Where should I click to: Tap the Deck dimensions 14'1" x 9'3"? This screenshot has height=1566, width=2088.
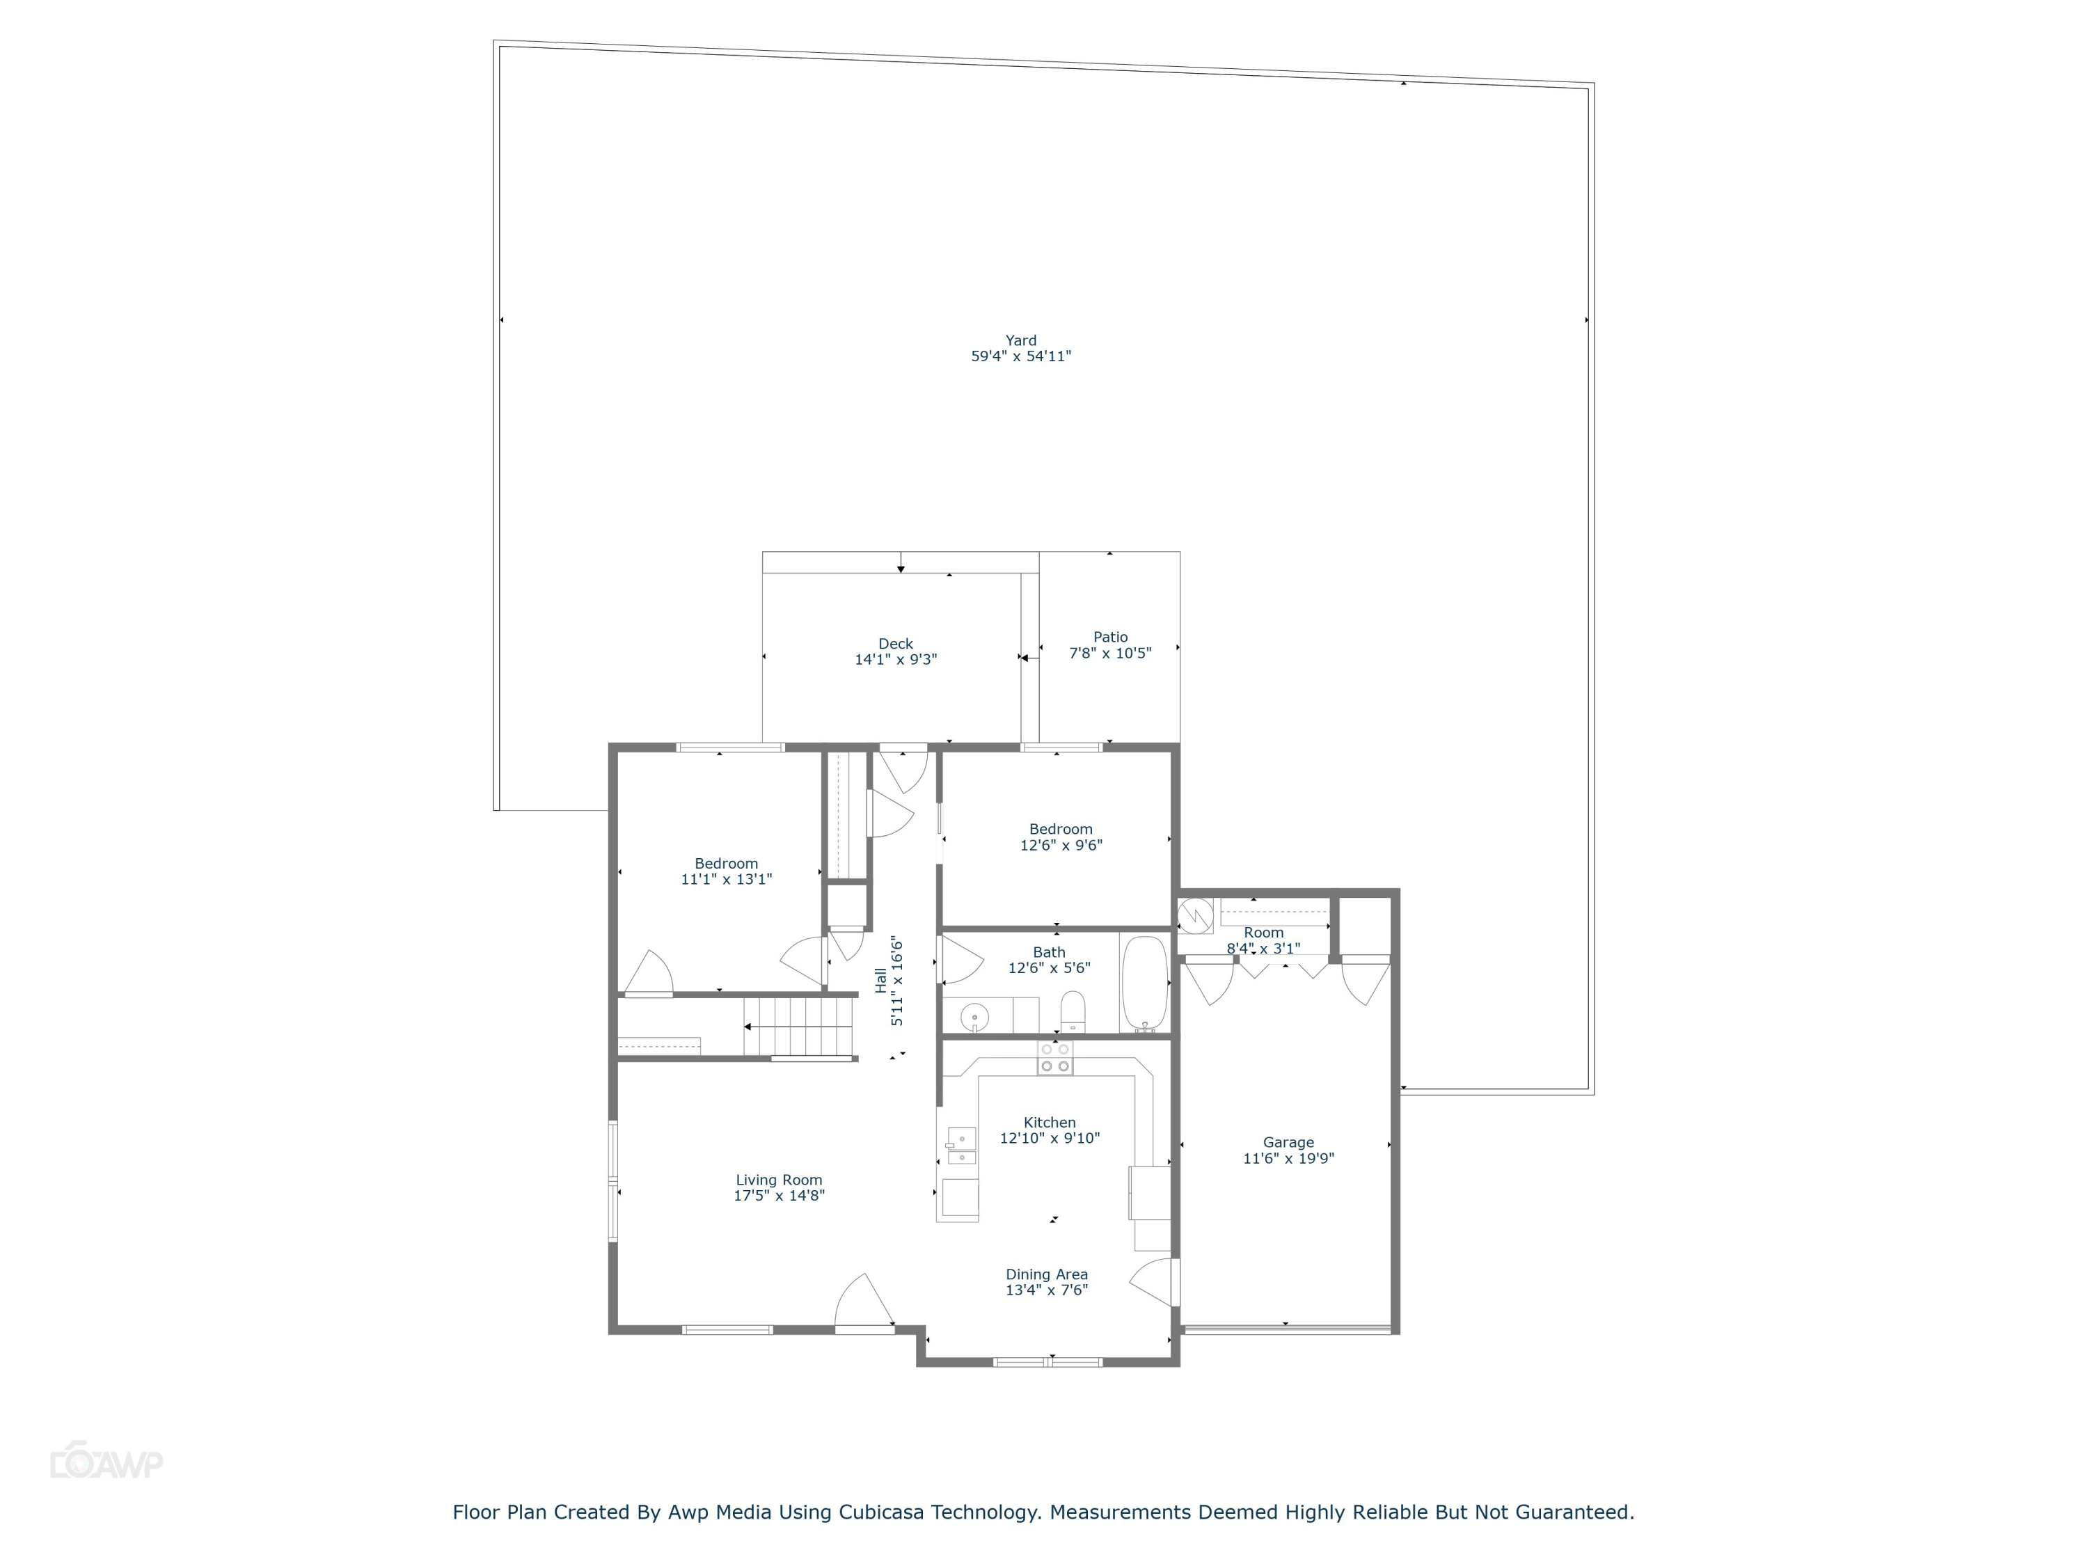point(895,660)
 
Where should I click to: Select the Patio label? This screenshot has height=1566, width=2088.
point(1110,637)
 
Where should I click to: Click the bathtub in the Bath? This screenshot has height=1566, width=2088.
point(1144,983)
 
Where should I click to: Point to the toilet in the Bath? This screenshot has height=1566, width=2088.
point(1073,1012)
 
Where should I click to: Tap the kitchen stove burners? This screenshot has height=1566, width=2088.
point(1054,1057)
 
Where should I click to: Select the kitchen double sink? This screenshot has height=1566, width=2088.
point(961,1145)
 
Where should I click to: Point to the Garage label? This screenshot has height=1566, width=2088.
point(1288,1142)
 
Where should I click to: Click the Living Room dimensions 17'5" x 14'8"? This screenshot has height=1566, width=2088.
point(779,1196)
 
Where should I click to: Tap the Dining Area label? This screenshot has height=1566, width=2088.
point(1046,1274)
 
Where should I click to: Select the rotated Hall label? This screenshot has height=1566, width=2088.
point(880,980)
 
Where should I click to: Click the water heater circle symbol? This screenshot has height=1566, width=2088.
point(1194,915)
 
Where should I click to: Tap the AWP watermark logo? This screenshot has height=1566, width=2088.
point(106,1462)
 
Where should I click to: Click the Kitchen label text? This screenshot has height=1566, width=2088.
point(1049,1123)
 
